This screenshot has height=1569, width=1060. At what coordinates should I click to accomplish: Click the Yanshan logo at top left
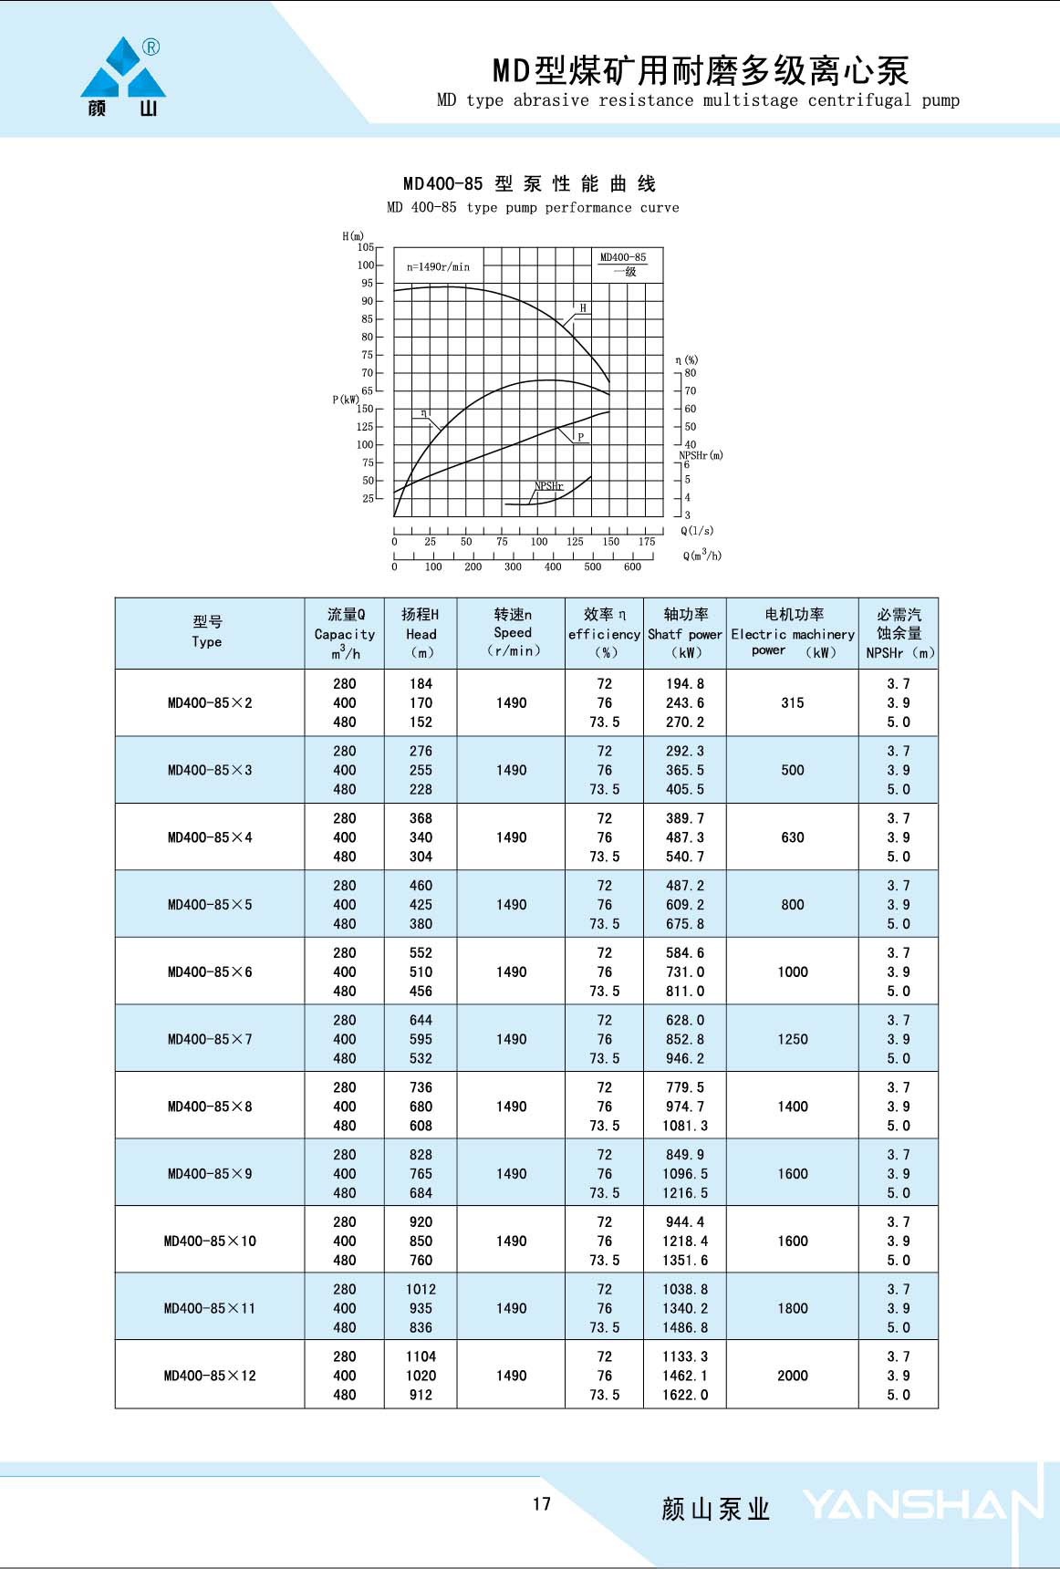123,77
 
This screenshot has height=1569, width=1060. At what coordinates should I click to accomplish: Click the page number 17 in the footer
542,1504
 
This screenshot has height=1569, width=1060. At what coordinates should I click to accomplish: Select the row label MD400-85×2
210,702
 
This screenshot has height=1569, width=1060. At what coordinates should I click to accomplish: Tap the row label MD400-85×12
210,1376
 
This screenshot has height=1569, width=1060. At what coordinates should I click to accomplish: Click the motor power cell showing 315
792,702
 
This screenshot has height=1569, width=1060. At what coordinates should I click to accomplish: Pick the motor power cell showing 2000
792,1376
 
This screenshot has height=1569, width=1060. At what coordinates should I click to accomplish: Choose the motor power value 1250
792,1039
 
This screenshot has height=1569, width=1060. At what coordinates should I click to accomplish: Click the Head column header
421,633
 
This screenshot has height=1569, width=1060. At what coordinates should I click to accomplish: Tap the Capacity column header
345,633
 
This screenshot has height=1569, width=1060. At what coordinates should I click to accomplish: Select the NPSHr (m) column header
899,633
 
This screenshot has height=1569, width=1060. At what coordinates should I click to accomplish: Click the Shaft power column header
685,633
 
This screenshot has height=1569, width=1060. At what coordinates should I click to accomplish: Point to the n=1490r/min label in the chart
438,267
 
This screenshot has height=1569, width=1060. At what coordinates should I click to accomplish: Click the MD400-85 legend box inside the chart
623,264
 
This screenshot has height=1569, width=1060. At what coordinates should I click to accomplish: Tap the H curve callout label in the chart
583,308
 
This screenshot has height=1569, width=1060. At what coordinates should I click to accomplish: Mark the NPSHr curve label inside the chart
548,486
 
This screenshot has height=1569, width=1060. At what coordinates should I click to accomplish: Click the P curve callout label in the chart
580,437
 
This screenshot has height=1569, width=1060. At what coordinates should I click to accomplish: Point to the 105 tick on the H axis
366,247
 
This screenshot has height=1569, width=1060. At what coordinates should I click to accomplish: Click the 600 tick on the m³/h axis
632,566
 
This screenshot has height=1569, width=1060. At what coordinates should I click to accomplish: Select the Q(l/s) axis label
697,531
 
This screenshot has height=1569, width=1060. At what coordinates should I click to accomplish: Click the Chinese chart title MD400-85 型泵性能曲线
530,184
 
